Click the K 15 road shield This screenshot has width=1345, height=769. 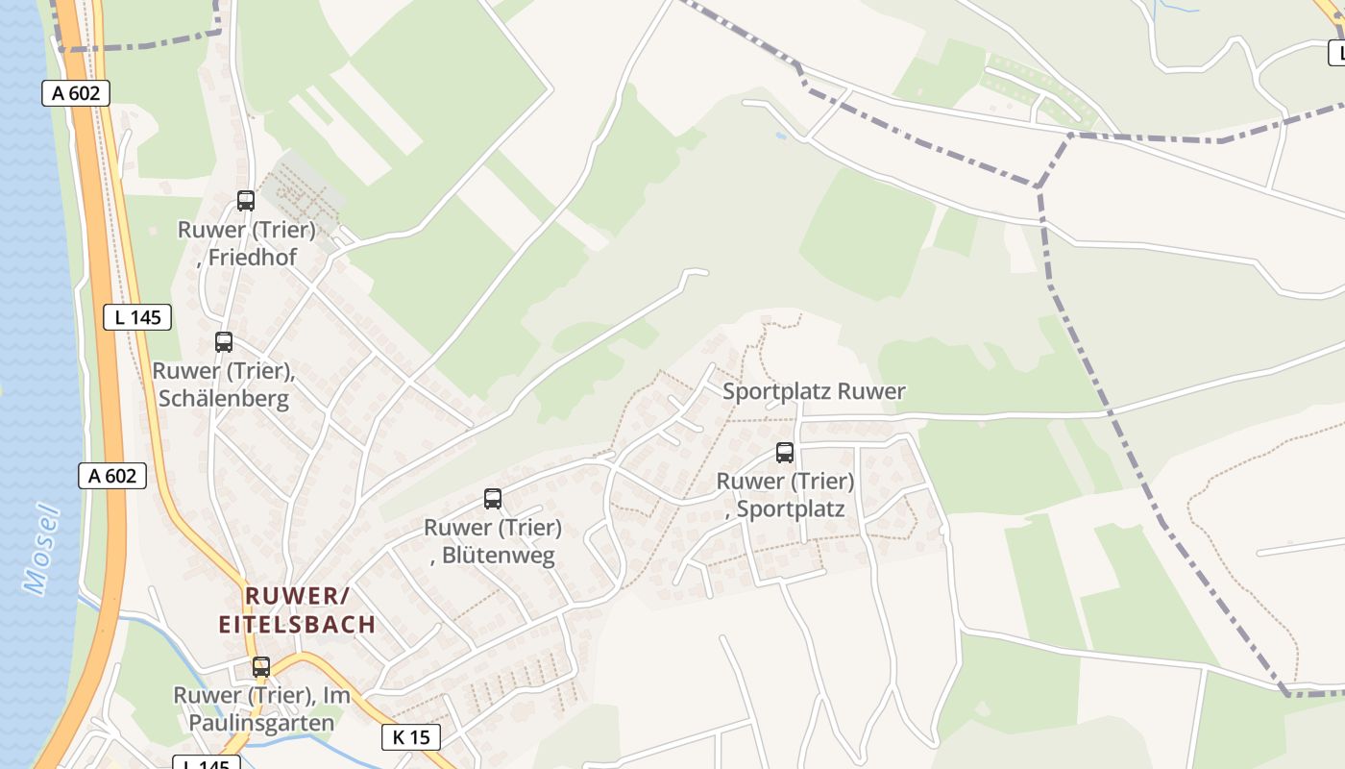pyautogui.click(x=411, y=737)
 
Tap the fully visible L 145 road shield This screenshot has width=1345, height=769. pyautogui.click(x=137, y=317)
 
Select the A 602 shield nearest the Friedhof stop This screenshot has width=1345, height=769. pyautogui.click(x=76, y=93)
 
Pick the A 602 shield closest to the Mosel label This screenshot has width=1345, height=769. pyautogui.click(x=111, y=475)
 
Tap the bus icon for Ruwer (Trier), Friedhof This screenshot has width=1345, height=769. pyautogui.click(x=246, y=200)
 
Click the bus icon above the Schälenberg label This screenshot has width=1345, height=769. pyautogui.click(x=224, y=341)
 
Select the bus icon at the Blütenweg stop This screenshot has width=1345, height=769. pyautogui.click(x=493, y=498)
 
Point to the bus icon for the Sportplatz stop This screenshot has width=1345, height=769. pyautogui.click(x=785, y=452)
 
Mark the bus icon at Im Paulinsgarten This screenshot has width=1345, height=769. pyautogui.click(x=261, y=666)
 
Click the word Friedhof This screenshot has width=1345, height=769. pyautogui.click(x=253, y=258)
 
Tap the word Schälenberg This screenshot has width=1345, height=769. pyautogui.click(x=223, y=398)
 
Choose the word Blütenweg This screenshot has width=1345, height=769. pyautogui.click(x=499, y=556)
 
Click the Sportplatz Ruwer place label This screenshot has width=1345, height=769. pyautogui.click(x=814, y=391)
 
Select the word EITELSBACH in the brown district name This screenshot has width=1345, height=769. pyautogui.click(x=297, y=625)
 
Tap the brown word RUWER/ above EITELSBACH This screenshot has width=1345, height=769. pyautogui.click(x=297, y=595)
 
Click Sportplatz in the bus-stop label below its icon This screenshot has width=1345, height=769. pyautogui.click(x=791, y=509)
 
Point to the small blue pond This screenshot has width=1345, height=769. pyautogui.click(x=780, y=136)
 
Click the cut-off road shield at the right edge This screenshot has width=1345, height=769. pyautogui.click(x=1336, y=53)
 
